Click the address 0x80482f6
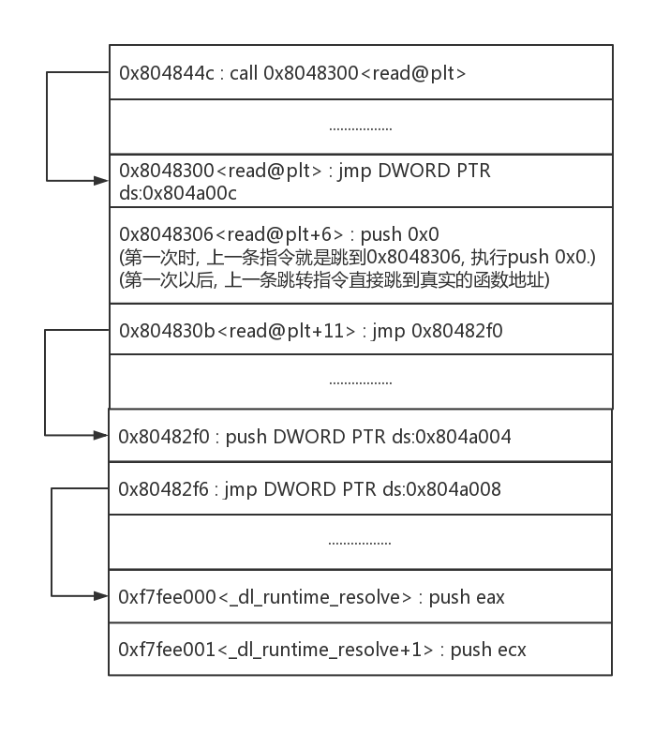click(165, 489)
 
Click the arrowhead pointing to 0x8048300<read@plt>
click(101, 179)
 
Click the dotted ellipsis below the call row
click(361, 127)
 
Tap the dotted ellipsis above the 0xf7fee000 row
click(361, 542)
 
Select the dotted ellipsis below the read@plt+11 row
click(361, 381)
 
